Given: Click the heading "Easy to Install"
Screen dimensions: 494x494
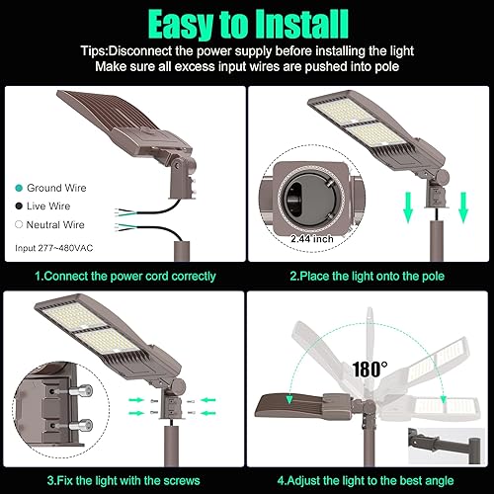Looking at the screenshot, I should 246,21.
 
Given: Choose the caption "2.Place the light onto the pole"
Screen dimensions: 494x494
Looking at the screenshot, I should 369,277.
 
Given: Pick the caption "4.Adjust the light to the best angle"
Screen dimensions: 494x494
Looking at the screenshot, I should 369,479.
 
